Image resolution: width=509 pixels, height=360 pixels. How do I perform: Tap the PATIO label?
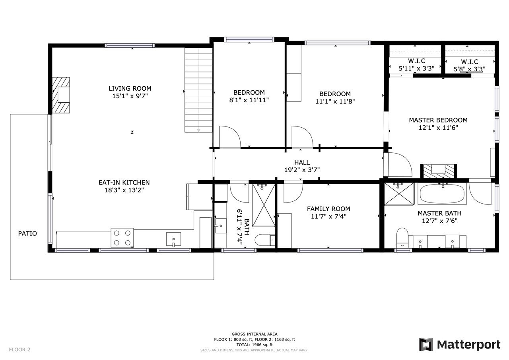click(27, 234)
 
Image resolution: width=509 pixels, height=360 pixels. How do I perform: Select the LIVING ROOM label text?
click(130, 88)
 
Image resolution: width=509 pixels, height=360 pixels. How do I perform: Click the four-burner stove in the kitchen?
click(122, 238)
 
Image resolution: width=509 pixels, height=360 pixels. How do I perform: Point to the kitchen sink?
click(174, 239)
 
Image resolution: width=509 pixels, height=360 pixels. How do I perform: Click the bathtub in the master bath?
click(442, 194)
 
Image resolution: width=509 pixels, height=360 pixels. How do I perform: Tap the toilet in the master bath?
click(402, 238)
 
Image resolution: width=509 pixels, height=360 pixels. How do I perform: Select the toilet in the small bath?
click(265, 240)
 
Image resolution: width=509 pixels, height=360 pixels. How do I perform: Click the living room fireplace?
click(61, 95)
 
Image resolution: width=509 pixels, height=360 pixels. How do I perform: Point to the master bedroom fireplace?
click(439, 171)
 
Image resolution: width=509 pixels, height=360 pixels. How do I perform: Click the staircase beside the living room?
click(198, 90)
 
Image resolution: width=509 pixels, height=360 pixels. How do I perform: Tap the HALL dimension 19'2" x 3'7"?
click(302, 170)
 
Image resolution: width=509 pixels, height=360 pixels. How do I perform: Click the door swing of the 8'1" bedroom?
click(230, 137)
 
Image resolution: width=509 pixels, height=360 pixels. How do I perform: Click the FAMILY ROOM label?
click(328, 209)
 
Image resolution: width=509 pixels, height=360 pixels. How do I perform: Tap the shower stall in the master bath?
click(399, 194)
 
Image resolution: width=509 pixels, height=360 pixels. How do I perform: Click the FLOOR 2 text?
click(19, 350)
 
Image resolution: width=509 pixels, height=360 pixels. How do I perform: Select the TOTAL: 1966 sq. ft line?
click(254, 345)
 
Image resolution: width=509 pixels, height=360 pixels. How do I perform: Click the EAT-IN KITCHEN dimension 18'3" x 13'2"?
click(124, 190)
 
